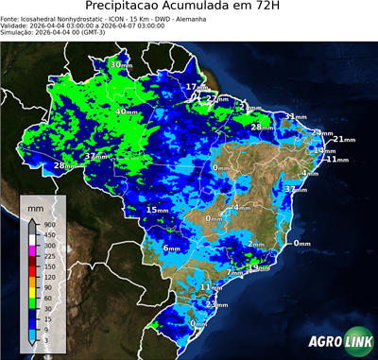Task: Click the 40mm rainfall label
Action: point(126,111)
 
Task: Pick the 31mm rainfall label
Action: point(296,116)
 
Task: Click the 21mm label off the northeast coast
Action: point(344,140)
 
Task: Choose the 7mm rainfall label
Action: point(232,273)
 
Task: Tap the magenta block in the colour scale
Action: point(34,245)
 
